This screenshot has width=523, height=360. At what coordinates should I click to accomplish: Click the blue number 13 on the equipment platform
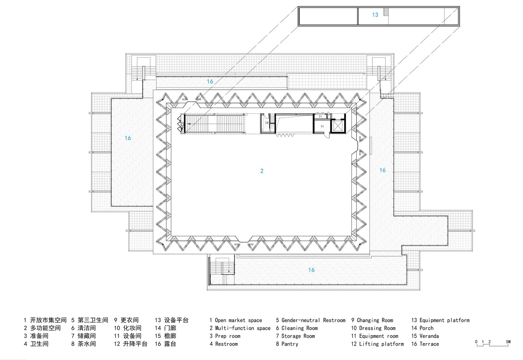tap(375, 15)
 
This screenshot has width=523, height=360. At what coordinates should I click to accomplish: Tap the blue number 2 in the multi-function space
tap(262, 171)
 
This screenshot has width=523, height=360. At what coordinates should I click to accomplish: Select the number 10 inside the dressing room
tap(267, 123)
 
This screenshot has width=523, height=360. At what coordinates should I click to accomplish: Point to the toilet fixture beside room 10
tap(272, 127)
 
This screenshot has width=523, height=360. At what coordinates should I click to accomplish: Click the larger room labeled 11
tap(322, 126)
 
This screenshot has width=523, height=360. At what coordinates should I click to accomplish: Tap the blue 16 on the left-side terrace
tap(128, 138)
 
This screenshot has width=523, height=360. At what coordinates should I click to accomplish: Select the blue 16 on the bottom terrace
tap(312, 270)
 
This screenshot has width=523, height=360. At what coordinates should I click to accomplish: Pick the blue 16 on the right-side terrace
tap(383, 170)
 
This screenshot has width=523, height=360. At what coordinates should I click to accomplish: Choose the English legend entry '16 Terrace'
tap(425, 344)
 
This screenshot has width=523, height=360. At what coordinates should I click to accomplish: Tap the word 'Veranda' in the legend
tap(429, 336)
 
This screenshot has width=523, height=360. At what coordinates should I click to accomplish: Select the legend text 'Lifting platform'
tap(381, 344)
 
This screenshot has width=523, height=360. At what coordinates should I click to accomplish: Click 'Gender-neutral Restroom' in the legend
tap(313, 320)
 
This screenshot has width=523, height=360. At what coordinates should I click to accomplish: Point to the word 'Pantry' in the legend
tap(290, 344)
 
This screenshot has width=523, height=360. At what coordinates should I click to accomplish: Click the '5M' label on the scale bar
tap(508, 342)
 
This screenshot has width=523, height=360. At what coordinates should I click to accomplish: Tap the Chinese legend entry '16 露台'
tap(166, 344)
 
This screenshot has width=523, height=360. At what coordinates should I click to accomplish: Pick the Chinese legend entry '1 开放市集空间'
tap(45, 320)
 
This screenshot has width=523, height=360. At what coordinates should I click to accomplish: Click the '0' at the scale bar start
tap(476, 342)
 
